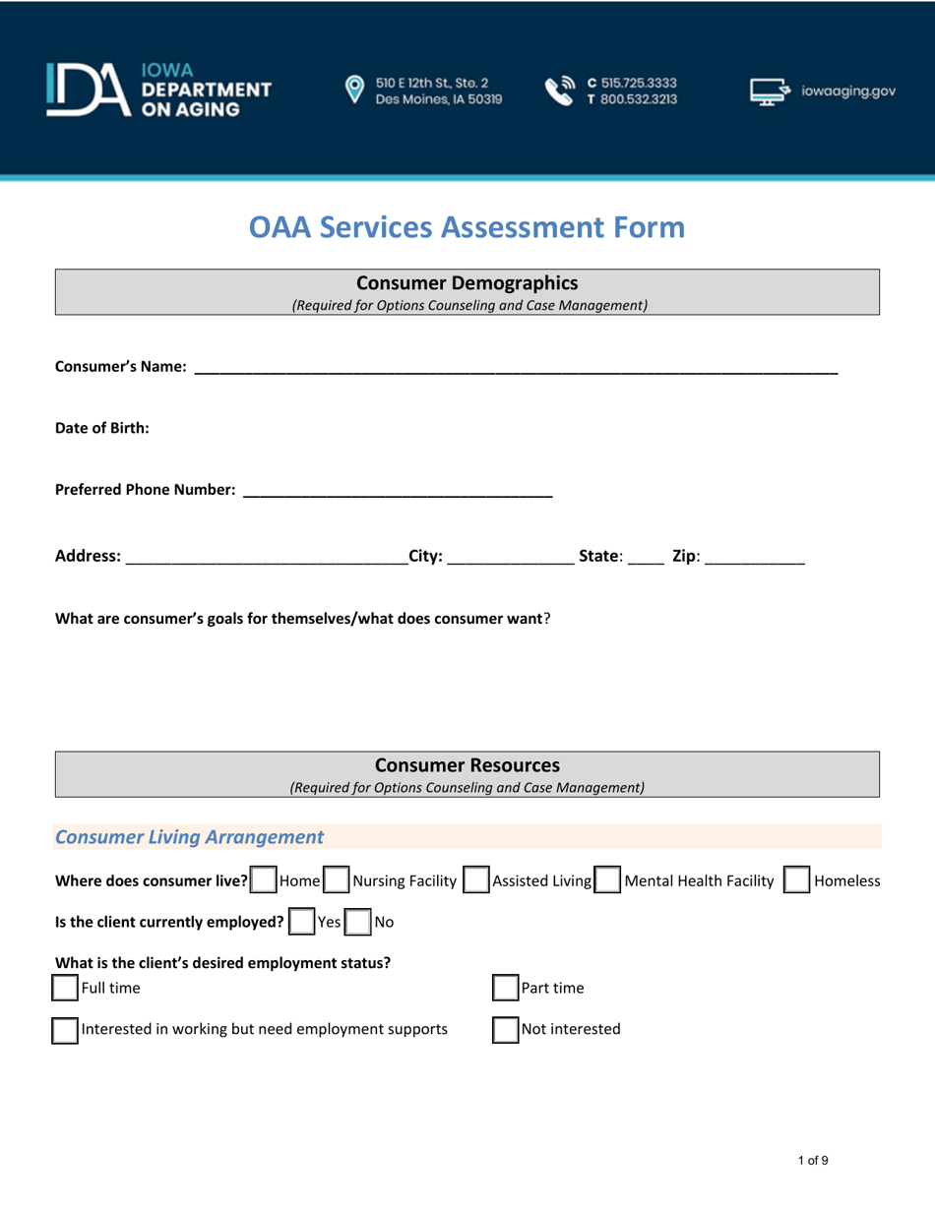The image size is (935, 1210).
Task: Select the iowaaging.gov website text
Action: pos(848,91)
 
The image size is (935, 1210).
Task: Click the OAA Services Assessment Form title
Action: pos(467,227)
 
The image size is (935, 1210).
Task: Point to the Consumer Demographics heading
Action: pos(467,284)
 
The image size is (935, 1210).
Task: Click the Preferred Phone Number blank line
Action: pos(398,489)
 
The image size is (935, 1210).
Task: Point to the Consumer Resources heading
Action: pos(467,765)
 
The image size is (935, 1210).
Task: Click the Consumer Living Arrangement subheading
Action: pos(189,837)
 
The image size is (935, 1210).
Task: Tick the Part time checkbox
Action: pos(505,987)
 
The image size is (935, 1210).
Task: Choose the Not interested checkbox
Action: pos(505,1030)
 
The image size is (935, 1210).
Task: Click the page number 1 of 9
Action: pos(813,1161)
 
